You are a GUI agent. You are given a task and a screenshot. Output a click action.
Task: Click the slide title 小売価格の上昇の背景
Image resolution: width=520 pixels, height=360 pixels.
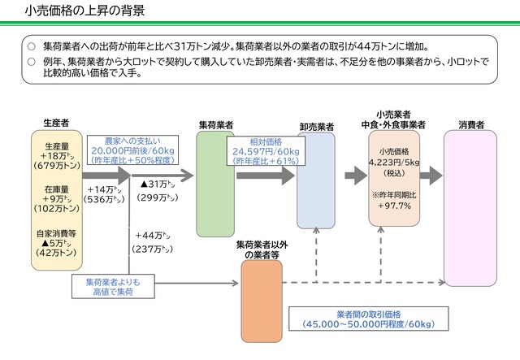pos(84,11)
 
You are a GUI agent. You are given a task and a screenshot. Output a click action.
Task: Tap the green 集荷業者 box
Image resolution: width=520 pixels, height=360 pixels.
pos(215,184)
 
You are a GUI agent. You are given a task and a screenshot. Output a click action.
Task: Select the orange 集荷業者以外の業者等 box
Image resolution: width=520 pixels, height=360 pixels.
pos(262,301)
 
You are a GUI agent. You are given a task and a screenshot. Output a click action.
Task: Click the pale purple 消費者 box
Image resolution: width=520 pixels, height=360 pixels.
pos(470,208)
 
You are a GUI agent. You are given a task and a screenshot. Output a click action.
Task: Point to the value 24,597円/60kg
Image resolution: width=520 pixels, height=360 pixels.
pos(266,152)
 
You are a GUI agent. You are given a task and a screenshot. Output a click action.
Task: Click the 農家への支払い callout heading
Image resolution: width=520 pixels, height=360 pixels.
pos(132,141)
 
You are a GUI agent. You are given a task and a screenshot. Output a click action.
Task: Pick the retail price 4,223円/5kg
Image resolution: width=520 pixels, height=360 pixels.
pos(394,163)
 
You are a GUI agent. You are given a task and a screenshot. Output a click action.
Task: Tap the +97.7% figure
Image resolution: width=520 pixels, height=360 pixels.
pos(394,206)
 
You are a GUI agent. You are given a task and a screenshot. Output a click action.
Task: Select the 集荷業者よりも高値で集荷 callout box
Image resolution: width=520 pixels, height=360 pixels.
pos(113,286)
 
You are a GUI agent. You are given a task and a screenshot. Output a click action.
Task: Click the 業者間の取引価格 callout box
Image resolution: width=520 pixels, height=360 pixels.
pos(369,319)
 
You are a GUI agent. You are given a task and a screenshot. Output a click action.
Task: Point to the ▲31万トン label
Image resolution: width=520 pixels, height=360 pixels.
pos(158,184)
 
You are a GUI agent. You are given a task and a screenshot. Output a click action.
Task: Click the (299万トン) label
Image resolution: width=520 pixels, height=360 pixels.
pos(158,197)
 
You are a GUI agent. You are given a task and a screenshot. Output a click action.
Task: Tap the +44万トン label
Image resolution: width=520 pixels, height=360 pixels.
pos(153,236)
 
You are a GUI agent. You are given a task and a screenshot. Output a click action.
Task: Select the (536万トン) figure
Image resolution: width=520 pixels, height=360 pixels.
pos(104,199)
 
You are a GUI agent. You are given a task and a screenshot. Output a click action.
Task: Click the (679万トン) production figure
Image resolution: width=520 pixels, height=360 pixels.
pos(57,166)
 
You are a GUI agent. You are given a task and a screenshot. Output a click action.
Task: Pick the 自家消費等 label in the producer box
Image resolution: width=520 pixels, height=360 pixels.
pos(57,233)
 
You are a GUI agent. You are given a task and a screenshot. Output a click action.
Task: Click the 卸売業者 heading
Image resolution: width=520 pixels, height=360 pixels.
pos(317,127)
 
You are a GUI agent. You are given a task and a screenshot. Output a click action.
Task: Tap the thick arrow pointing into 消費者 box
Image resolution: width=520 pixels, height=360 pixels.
pos(431,176)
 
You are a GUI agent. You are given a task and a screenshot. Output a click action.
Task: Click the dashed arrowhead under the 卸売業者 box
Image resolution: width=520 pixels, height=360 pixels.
pos(316,230)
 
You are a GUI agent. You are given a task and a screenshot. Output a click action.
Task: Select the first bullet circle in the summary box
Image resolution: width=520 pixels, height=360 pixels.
pos(32,46)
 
